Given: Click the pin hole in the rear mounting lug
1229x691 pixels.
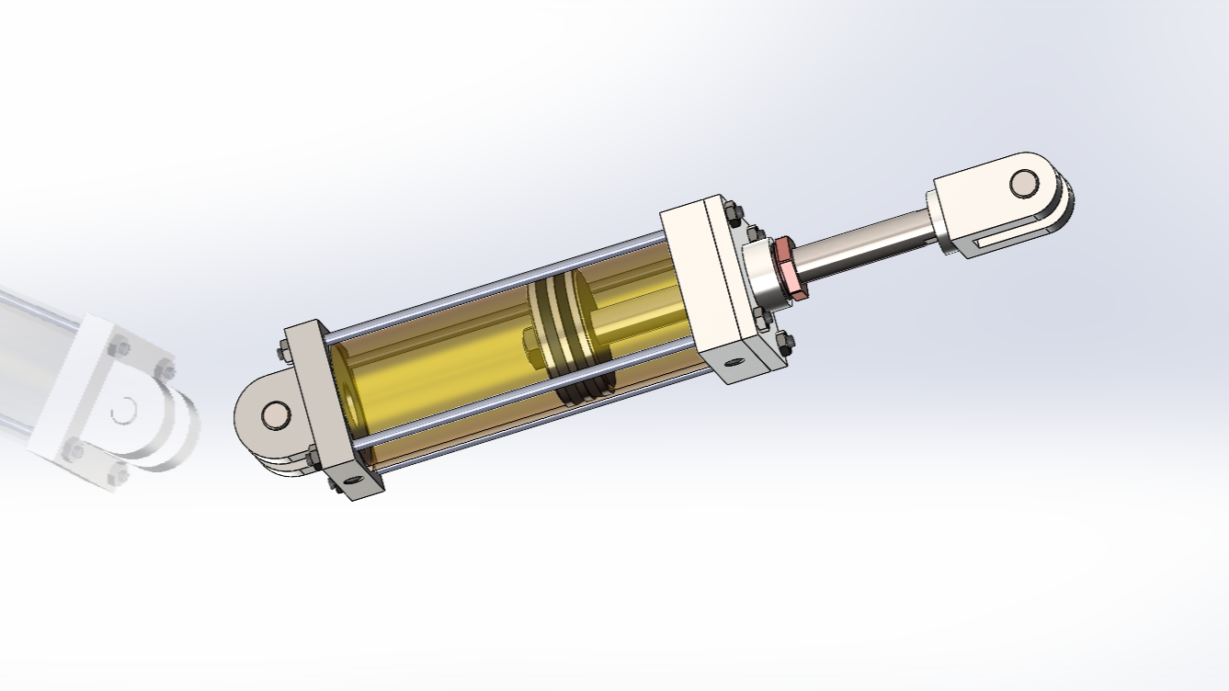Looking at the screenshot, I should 274,415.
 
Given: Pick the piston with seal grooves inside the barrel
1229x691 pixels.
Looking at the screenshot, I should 575,335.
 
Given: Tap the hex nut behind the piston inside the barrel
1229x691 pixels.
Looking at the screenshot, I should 534,345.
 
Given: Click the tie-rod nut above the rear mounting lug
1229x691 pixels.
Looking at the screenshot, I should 283,350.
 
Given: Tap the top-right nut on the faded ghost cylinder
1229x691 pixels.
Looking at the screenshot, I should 165,371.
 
